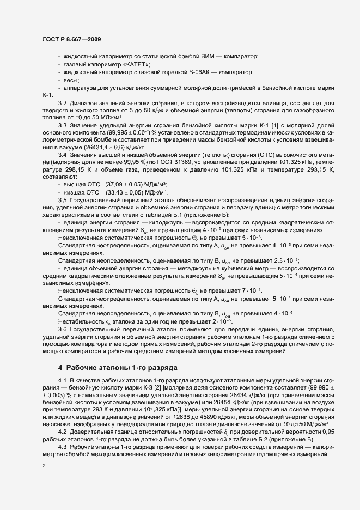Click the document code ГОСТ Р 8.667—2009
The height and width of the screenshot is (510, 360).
[x=71, y=40]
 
